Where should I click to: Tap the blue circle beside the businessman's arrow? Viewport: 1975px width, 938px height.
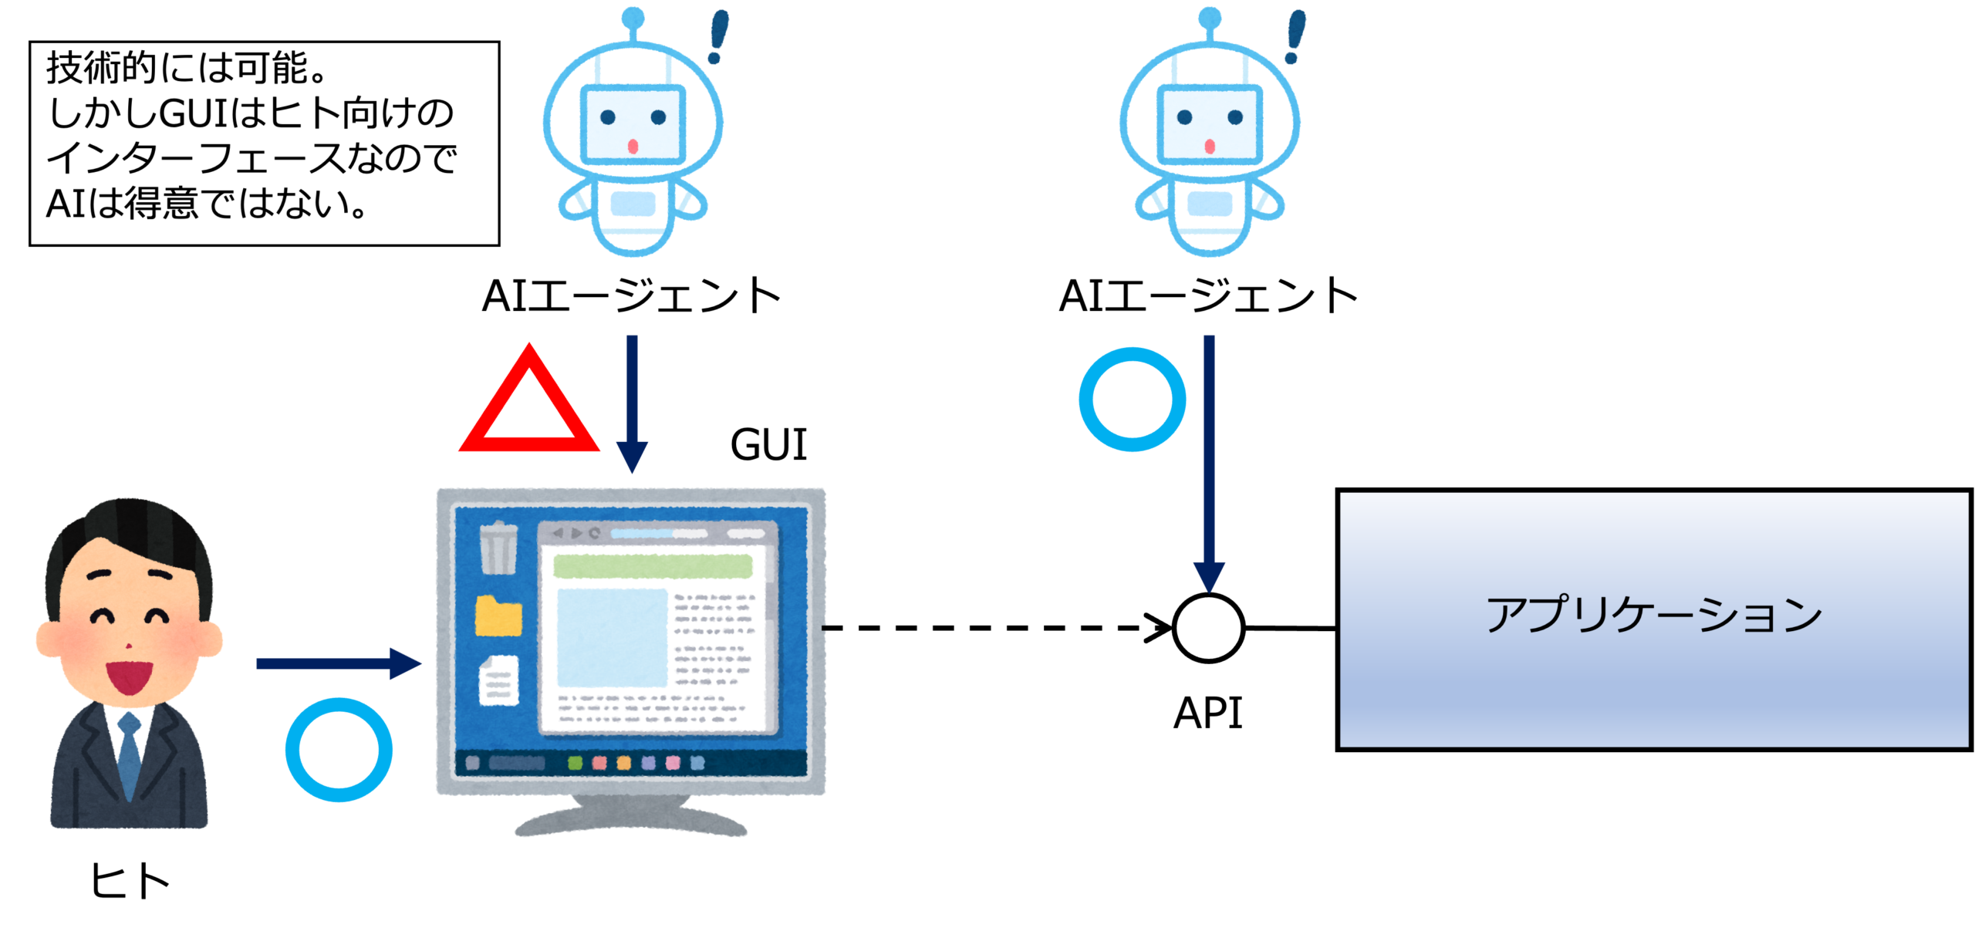[339, 750]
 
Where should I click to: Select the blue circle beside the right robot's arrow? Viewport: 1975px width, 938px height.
[1132, 399]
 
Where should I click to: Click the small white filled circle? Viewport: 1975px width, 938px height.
[1208, 628]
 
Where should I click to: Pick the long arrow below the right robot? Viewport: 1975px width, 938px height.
[1209, 463]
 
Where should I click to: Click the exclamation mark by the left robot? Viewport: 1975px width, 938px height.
[719, 35]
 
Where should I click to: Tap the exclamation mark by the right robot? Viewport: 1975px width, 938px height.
[1295, 35]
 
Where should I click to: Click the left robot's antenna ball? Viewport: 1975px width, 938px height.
[633, 16]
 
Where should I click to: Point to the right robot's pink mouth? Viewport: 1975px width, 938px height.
[1209, 146]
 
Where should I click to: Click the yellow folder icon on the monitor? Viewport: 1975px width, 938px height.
[498, 616]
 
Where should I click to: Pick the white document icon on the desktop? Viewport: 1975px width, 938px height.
[499, 680]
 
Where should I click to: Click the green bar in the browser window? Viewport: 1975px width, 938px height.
[653, 566]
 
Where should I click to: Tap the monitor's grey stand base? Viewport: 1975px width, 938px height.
[631, 824]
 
